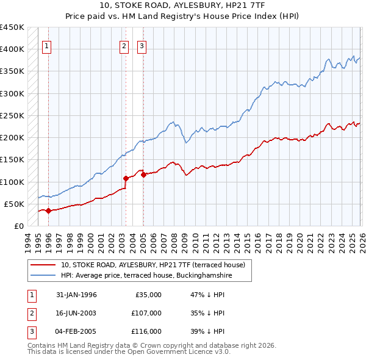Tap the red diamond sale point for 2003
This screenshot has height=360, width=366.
[126, 179]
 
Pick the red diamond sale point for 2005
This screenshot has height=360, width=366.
[143, 175]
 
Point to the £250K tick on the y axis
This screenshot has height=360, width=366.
[12, 115]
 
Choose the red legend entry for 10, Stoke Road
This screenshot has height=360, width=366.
[152, 265]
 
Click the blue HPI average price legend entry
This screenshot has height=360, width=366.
[146, 276]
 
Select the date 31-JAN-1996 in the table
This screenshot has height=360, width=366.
[76, 295]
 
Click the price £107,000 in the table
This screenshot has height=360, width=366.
[146, 313]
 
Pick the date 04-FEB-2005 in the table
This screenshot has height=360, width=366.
[76, 331]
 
